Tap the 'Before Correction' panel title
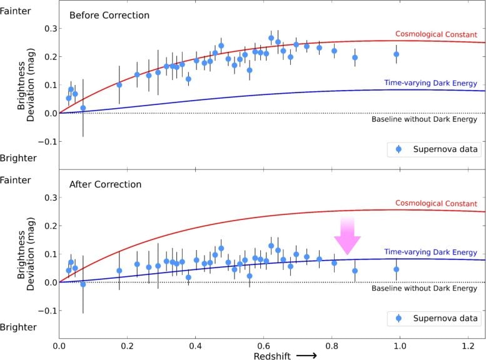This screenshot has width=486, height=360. (109, 15)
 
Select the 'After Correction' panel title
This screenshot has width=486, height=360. (105, 184)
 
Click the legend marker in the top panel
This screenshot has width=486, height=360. (399, 149)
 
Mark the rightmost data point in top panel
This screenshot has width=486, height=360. (396, 54)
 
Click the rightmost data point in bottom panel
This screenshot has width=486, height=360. (396, 269)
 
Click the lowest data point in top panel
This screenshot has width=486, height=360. (83, 108)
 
